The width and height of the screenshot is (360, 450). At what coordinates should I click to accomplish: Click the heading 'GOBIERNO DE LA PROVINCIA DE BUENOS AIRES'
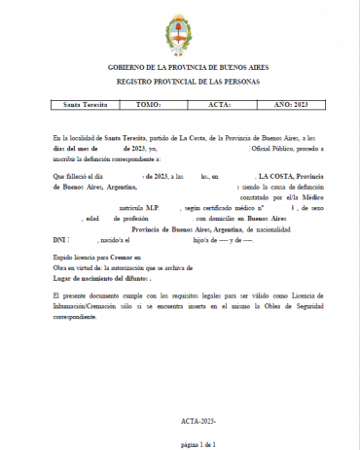pyautogui.click(x=180, y=68)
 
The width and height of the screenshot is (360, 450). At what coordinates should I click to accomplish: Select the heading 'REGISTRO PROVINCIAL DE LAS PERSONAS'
pyautogui.click(x=180, y=83)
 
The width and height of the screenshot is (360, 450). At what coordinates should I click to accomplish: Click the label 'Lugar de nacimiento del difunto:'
pyautogui.click(x=97, y=278)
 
